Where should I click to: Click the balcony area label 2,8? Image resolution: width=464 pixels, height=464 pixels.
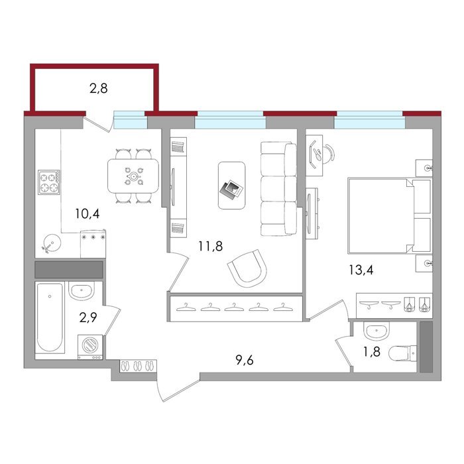coord(99,88)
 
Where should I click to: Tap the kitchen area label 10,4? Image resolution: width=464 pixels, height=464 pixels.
coord(87,213)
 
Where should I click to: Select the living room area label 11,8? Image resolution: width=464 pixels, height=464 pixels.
coord(210,246)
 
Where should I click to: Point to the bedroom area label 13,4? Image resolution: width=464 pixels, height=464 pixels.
coord(361,270)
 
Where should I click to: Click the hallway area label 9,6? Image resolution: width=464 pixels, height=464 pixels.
coord(245,360)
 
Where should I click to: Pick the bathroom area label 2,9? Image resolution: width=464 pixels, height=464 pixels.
coord(88,318)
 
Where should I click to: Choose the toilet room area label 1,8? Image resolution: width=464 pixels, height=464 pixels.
coord(372,352)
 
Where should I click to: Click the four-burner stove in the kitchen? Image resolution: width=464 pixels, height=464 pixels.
coord(49,182)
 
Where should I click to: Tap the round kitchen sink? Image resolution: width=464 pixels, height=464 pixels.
coord(52,243)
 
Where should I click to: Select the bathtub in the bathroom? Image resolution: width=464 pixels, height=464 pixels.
coord(50,318)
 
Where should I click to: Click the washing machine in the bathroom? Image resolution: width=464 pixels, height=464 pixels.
coord(90,347)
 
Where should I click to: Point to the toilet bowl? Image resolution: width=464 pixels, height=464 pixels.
coord(402,353)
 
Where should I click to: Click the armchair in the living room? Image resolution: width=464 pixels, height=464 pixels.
coord(248,268)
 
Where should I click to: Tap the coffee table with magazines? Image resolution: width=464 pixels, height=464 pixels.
coord(232,185)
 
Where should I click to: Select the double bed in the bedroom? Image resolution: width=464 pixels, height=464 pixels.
coord(390,215)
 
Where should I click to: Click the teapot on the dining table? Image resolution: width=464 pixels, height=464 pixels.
coord(134,177)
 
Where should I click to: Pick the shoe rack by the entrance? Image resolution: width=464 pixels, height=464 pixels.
coord(138,366)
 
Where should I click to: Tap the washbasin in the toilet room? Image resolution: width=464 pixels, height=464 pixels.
coord(377,331)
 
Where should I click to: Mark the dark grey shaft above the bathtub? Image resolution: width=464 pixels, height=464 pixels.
coord(69,270)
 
